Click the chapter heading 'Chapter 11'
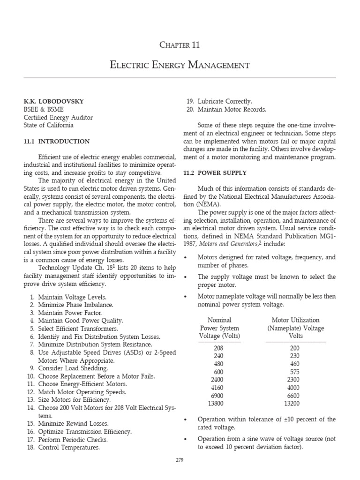coord(180,45)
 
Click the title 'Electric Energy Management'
coord(180,65)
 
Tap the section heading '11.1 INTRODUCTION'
coord(57,141)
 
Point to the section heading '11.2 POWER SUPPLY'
coord(216,173)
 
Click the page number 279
coord(180,460)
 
